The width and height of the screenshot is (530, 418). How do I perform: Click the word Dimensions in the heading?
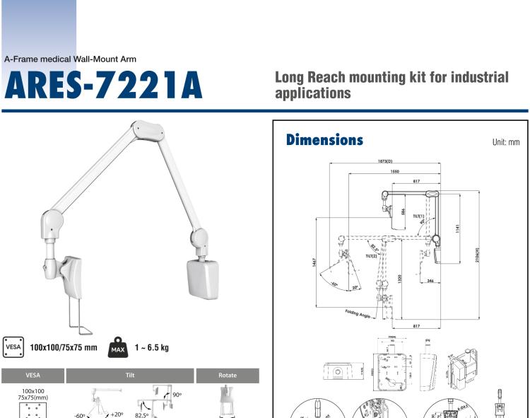point(324,140)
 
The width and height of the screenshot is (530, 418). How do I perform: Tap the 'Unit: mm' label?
point(505,142)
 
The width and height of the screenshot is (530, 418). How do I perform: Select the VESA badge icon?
point(13,347)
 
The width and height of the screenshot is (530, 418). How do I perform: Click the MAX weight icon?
point(117,348)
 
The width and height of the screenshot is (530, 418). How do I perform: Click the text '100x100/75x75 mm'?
point(64,348)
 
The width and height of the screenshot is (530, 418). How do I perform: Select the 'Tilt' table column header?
point(130,376)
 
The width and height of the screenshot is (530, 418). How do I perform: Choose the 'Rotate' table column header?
point(228,376)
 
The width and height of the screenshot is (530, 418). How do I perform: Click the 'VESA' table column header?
point(33,376)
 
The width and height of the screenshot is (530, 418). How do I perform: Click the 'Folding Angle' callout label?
point(358,315)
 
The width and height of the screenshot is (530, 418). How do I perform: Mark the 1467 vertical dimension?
point(315,262)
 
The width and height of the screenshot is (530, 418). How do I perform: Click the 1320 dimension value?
point(401,279)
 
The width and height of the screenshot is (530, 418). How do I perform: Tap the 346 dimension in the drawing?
point(430,281)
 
